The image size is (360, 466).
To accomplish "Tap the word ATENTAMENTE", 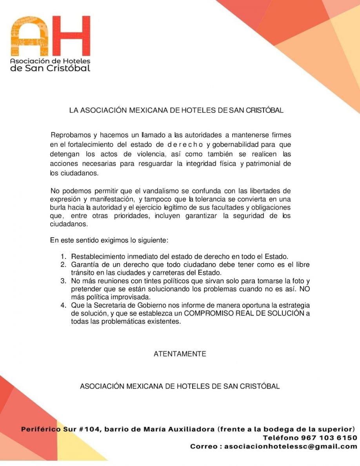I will (180, 354).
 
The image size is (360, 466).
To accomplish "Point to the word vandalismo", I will (159, 191).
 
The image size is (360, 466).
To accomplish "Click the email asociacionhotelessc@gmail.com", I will (291, 446).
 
